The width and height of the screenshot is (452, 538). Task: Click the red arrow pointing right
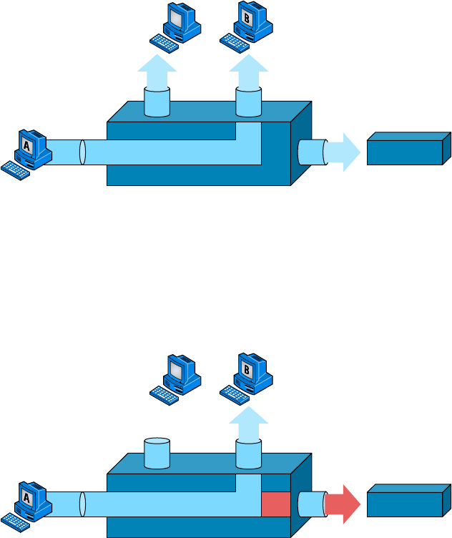click(x=342, y=504)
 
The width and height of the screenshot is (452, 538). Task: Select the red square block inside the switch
click(x=275, y=504)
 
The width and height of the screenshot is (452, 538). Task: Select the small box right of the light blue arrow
click(x=408, y=148)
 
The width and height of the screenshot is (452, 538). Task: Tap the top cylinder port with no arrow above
click(x=157, y=453)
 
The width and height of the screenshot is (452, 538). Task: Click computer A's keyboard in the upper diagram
click(x=15, y=170)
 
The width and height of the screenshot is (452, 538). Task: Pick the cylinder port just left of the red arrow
click(x=310, y=504)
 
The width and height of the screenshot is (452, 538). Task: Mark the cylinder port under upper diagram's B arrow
click(x=249, y=102)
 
